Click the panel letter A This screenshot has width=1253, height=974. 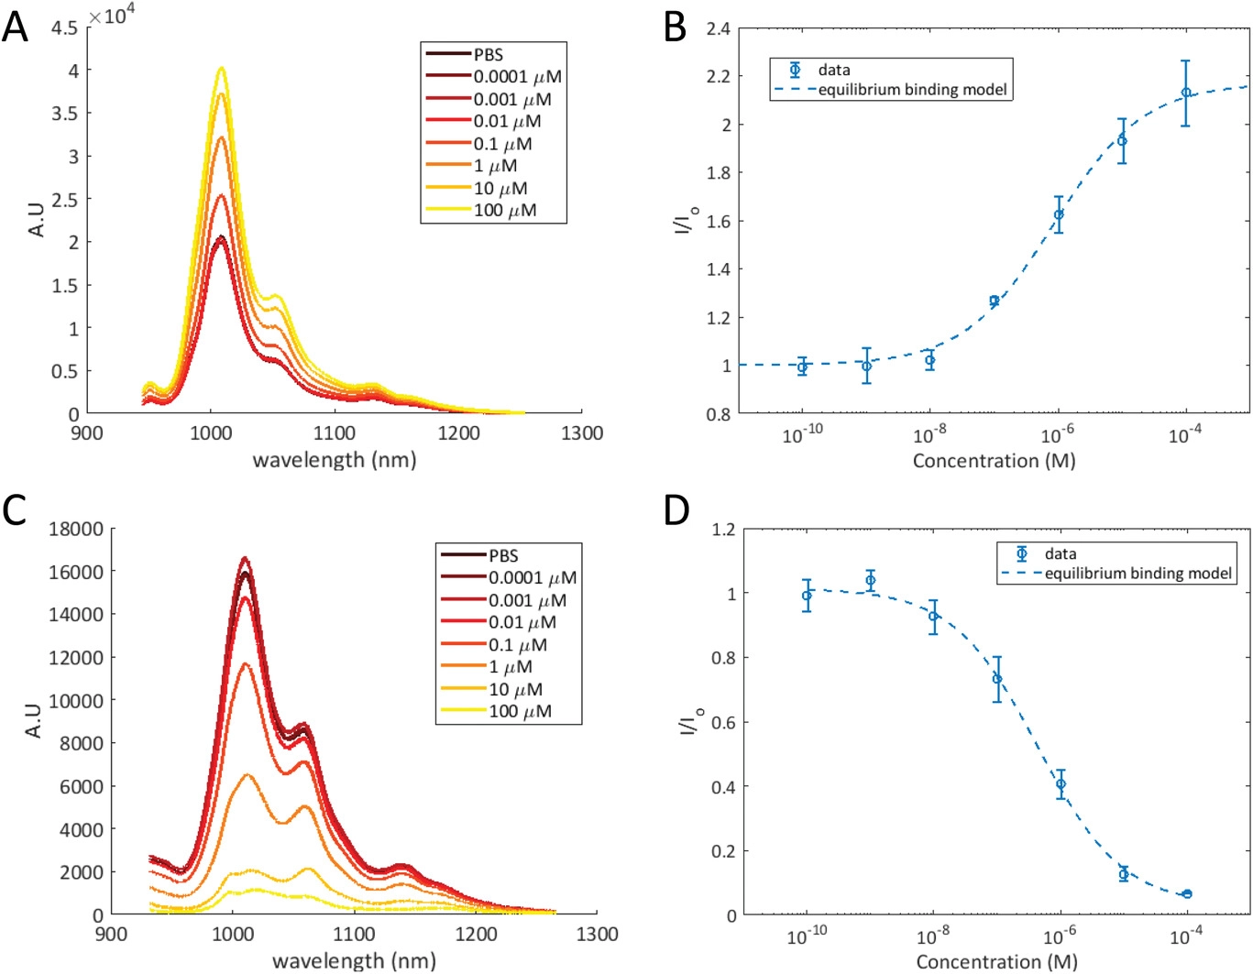tap(15, 27)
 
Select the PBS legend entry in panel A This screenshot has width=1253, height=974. tap(488, 55)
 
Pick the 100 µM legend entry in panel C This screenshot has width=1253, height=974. tap(519, 711)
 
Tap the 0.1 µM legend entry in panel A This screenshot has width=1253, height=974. tap(502, 144)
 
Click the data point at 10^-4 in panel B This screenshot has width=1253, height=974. tap(1185, 93)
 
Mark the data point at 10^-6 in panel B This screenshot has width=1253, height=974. tap(1059, 214)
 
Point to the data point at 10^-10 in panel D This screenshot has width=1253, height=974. tap(807, 596)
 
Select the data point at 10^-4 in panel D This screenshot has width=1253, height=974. tap(1187, 893)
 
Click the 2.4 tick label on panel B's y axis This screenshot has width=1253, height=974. tap(718, 28)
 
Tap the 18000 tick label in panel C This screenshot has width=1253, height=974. tap(76, 529)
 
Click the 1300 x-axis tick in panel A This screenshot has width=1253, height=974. tap(581, 433)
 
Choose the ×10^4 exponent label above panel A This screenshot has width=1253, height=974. tap(112, 16)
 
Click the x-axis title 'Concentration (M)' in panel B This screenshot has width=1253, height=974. tap(994, 461)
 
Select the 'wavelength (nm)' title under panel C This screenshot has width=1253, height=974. tap(354, 960)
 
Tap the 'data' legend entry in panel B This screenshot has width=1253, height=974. tap(833, 70)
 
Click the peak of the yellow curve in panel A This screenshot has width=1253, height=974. tap(221, 68)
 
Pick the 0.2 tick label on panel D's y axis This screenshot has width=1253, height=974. tap(723, 851)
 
